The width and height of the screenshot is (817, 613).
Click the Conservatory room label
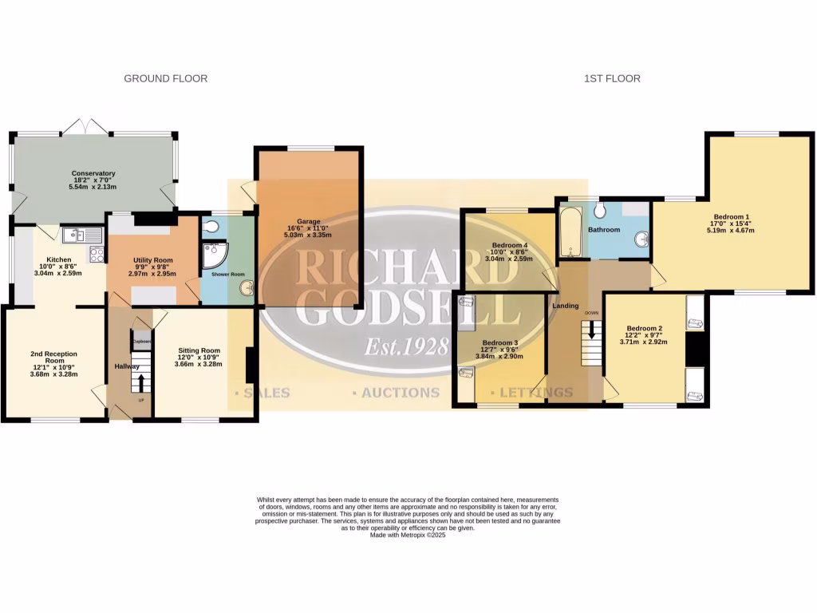[x=93, y=173]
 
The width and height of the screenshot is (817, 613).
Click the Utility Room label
[x=152, y=260]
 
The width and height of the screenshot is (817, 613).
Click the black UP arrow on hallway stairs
[x=141, y=382]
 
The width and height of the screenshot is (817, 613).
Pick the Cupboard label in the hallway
[x=141, y=342]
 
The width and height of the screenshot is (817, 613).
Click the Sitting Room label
[x=199, y=350]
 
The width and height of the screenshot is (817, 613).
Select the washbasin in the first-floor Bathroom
[x=641, y=238]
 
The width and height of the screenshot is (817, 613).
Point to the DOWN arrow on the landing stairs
[x=591, y=329]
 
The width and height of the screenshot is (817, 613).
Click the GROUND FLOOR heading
[x=165, y=78]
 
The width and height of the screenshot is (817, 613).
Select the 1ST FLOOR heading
[x=613, y=78]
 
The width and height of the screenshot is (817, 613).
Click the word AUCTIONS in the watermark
[x=401, y=393]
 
